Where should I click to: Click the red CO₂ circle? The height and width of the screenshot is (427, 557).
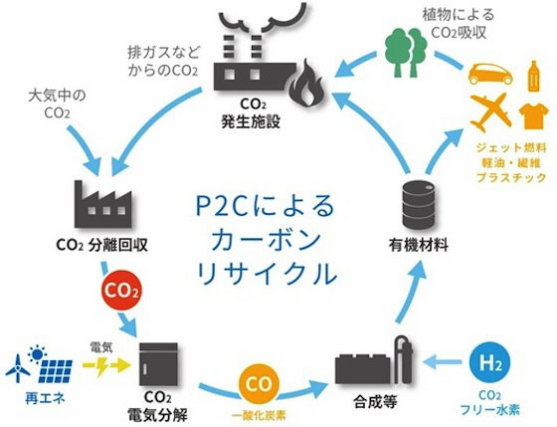(120, 292)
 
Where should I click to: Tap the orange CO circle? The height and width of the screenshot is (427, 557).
(259, 385)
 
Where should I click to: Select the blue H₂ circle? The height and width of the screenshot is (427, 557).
(489, 363)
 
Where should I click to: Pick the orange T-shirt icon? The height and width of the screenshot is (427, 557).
(533, 115)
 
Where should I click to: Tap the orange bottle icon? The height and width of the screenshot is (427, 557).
(533, 76)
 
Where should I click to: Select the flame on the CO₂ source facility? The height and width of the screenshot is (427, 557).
(306, 83)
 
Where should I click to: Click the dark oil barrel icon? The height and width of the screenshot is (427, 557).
(419, 204)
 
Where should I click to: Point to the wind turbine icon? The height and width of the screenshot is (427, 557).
(18, 368)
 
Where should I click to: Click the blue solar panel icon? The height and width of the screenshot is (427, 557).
(56, 371)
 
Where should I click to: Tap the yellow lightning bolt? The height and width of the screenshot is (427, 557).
(101, 366)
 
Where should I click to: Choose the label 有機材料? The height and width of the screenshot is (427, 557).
(419, 245)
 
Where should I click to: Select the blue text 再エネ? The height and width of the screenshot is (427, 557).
(45, 398)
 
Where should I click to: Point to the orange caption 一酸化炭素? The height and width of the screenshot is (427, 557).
(259, 415)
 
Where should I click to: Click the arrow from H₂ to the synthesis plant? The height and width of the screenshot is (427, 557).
(443, 362)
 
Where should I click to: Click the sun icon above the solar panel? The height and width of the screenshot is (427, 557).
(38, 354)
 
